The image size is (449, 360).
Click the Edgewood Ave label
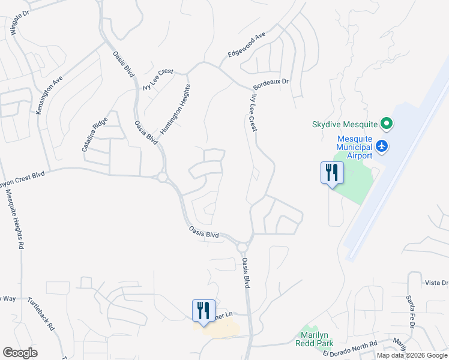246,46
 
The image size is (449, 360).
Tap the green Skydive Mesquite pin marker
387,125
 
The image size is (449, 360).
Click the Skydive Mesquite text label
345,125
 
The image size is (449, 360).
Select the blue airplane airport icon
381,145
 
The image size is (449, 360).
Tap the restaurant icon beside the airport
331,173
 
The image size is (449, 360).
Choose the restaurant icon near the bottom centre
203,310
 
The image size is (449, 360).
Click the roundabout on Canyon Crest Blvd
162,177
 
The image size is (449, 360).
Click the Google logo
20,353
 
